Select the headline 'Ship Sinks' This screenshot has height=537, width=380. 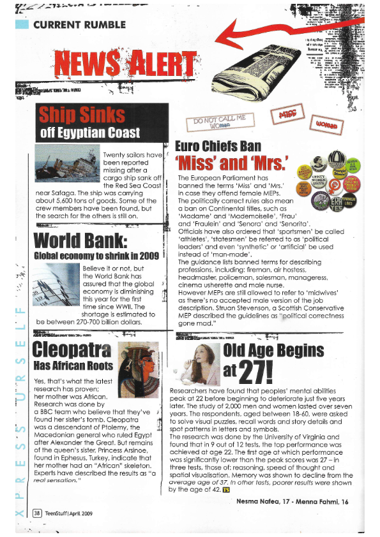coord(82,115)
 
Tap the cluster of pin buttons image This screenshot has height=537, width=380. coord(333,182)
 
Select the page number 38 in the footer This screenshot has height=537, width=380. coord(38,511)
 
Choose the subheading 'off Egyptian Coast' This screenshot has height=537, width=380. coord(89,133)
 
